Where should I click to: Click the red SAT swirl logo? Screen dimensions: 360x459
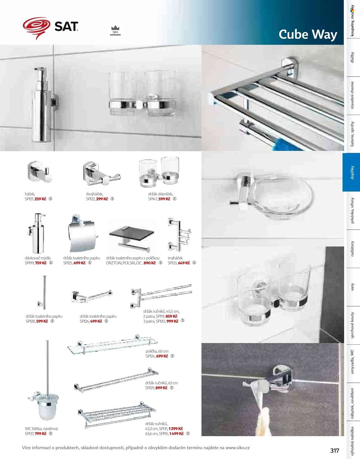[37, 28]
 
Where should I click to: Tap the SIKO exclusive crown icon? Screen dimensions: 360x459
[115, 28]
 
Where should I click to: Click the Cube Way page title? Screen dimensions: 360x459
[308, 34]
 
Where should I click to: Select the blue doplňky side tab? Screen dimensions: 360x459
[351, 172]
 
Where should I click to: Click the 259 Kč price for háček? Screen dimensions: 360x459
[40, 199]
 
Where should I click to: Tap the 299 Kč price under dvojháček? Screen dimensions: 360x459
[102, 199]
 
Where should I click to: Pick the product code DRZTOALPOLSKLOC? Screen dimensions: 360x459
[124, 263]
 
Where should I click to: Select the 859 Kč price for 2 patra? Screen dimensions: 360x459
[171, 316]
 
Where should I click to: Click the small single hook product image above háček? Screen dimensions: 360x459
[39, 172]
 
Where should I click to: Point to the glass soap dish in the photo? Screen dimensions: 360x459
[283, 198]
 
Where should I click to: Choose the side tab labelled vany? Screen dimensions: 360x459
[352, 287]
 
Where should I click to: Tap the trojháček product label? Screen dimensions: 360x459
[175, 258]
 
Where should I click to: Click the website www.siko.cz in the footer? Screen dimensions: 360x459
[237, 448]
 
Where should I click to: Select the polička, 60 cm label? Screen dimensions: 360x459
[157, 351]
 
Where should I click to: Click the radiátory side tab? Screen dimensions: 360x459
[352, 249]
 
